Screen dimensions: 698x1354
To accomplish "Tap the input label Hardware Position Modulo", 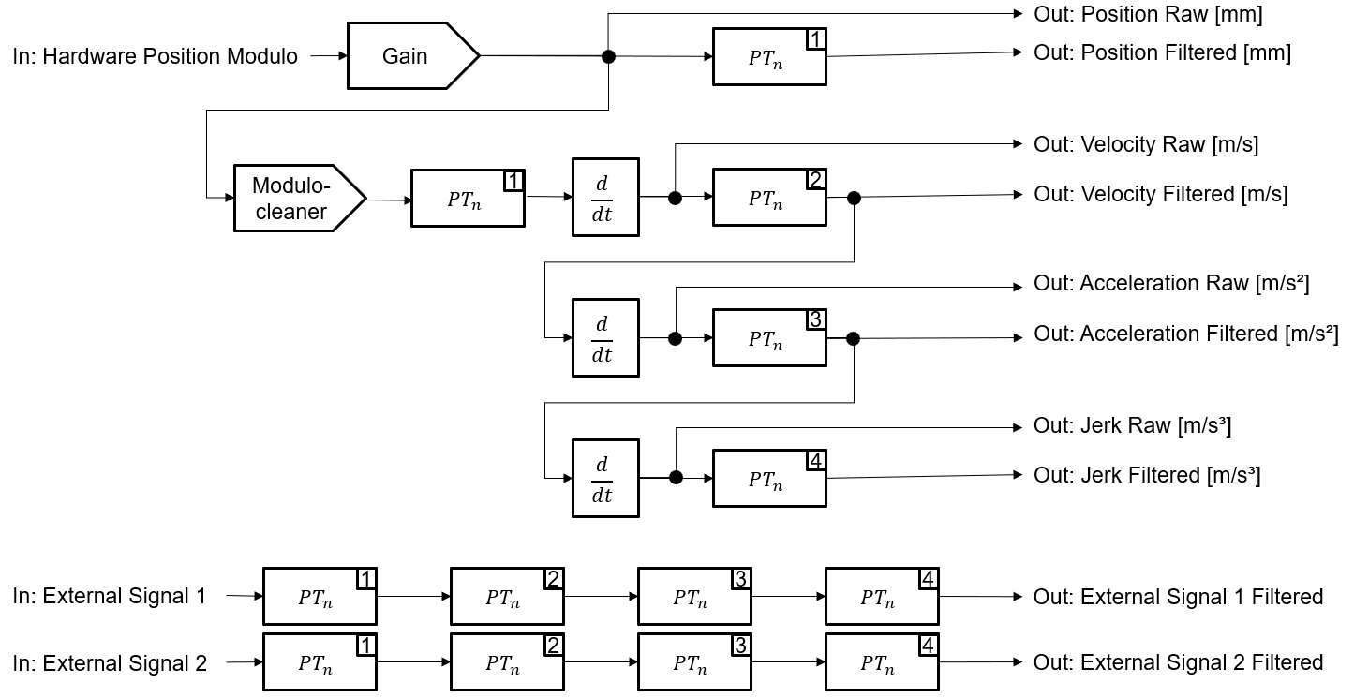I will tap(156, 56).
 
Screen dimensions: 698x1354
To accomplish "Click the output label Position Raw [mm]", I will tap(1148, 14).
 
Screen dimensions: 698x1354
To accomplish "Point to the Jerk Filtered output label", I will tap(1147, 475).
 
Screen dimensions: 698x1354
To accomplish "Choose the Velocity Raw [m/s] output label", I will tap(1146, 144).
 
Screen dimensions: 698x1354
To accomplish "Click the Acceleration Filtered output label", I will tap(1185, 334).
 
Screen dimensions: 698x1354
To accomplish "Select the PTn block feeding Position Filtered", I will tap(769, 56).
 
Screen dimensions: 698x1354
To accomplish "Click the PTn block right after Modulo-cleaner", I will tap(468, 199).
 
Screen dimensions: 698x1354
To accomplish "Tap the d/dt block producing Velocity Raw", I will tap(605, 198).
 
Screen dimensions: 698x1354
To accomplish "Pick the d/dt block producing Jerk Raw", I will tap(605, 479).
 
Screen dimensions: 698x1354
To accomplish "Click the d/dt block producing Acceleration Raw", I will tap(605, 338).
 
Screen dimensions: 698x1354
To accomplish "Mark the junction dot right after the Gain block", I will tap(608, 56).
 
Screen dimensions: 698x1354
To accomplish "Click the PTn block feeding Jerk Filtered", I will tap(769, 479).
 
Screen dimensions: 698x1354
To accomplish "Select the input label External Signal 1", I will tap(110, 596).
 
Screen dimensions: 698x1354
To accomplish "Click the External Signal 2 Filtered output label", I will tap(1178, 662).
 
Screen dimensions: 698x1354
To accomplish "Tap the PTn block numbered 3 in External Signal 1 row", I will tap(694, 596).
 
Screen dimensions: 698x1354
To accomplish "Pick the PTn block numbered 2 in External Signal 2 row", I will tap(507, 662).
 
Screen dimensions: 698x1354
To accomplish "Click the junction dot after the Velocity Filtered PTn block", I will tap(854, 198).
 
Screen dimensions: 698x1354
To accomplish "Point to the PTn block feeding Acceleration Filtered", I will tap(769, 338).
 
